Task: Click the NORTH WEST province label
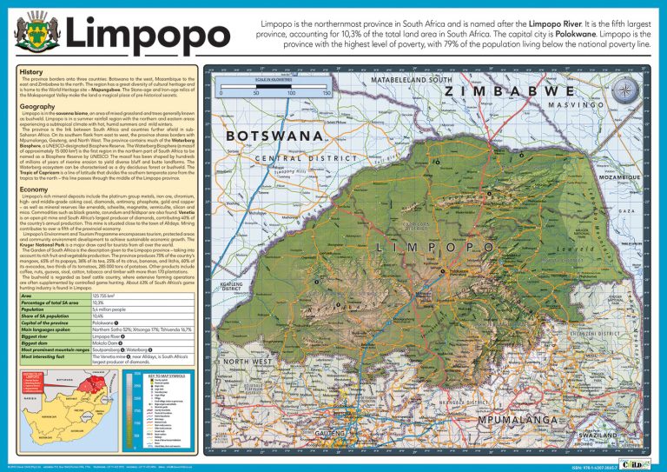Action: (248, 361)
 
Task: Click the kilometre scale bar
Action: (273, 90)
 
